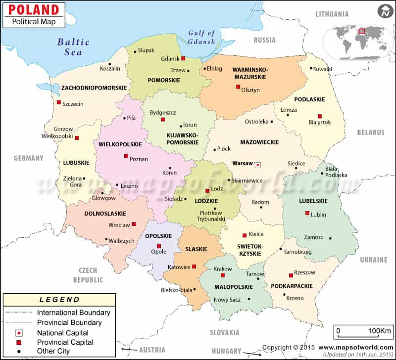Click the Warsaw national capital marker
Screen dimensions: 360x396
pos(258,164)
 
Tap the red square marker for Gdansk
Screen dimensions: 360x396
pos(184,58)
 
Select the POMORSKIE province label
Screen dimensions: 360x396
pos(163,80)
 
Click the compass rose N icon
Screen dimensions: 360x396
pos(383,10)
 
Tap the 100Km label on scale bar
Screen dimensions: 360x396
pos(380,330)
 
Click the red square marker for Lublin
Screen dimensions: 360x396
pos(307,214)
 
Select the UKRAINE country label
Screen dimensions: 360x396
pos(373,260)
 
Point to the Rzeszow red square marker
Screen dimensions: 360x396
pos(291,276)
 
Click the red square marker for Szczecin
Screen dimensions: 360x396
pos(58,102)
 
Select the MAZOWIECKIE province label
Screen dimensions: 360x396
pos(259,142)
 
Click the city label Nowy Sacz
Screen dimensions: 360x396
pos(228,300)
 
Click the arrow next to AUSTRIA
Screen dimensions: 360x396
pos(128,350)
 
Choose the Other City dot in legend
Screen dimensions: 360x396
pos(19,351)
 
